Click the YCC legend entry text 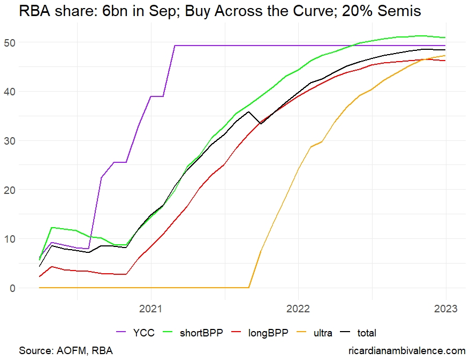click(x=144, y=333)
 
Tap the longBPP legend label click(x=268, y=333)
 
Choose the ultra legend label click(x=323, y=333)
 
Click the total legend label click(x=367, y=333)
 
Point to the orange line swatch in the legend click(x=304, y=333)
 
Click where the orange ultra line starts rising click(x=249, y=288)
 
